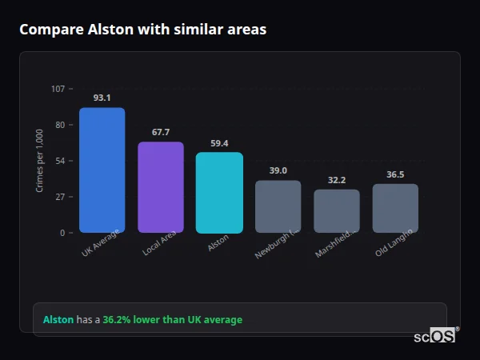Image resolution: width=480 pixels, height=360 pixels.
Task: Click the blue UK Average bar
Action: pyautogui.click(x=102, y=170)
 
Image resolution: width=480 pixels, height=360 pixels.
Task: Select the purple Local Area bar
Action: pyautogui.click(x=161, y=187)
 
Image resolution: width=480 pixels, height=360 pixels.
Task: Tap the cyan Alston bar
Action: pyautogui.click(x=219, y=192)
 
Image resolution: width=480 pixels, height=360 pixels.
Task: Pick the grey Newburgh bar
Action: pyautogui.click(x=278, y=206)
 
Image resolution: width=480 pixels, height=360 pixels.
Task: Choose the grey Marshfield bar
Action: pyautogui.click(x=337, y=210)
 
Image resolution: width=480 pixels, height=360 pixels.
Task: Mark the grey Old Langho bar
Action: pyautogui.click(x=395, y=208)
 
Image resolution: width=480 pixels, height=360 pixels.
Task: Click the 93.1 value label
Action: pyautogui.click(x=102, y=98)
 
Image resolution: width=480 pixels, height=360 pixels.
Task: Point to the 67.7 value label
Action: pyautogui.click(x=161, y=132)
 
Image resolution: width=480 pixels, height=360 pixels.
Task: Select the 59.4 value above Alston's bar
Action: pyautogui.click(x=219, y=143)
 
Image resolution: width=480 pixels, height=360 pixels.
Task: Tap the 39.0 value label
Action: pyautogui.click(x=278, y=170)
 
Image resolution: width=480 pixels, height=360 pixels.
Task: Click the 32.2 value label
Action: pyautogui.click(x=337, y=180)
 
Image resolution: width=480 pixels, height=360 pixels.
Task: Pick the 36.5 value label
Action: pyautogui.click(x=395, y=174)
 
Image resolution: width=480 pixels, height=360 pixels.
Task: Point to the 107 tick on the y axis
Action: pyautogui.click(x=58, y=89)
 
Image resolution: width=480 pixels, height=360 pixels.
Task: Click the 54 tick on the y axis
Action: pyautogui.click(x=60, y=161)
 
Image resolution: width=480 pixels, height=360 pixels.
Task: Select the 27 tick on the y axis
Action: pyautogui.click(x=60, y=197)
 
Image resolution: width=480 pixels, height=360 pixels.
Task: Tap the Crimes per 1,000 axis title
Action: pyautogui.click(x=40, y=160)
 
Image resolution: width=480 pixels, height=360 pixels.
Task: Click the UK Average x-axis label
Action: pyautogui.click(x=101, y=243)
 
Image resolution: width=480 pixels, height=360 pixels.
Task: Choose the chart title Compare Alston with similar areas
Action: pyautogui.click(x=142, y=30)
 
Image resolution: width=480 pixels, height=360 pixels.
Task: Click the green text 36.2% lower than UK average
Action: pyautogui.click(x=172, y=320)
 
